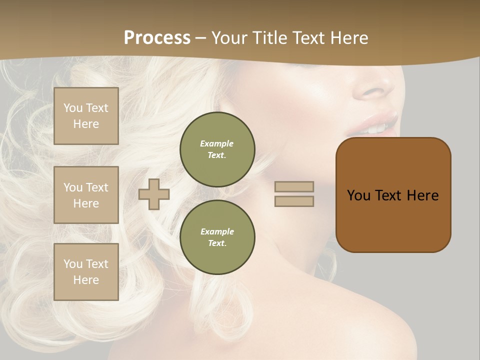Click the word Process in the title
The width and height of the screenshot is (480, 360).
click(x=157, y=38)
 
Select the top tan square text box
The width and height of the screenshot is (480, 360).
click(x=86, y=116)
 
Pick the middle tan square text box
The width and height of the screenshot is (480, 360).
click(x=86, y=195)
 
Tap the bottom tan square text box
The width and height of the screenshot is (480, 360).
click(x=86, y=272)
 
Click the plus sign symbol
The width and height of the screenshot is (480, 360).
click(x=154, y=194)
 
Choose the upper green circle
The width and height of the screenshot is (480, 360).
click(x=217, y=149)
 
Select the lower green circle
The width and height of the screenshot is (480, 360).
click(x=217, y=237)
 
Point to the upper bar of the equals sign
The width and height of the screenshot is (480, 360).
click(x=294, y=186)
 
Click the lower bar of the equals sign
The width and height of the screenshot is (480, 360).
click(x=294, y=201)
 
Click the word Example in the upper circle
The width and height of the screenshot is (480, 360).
click(x=217, y=143)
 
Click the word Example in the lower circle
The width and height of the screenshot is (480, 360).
click(x=217, y=231)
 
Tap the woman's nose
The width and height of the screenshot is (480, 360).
click(x=375, y=87)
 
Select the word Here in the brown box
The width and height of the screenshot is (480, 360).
click(x=422, y=195)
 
